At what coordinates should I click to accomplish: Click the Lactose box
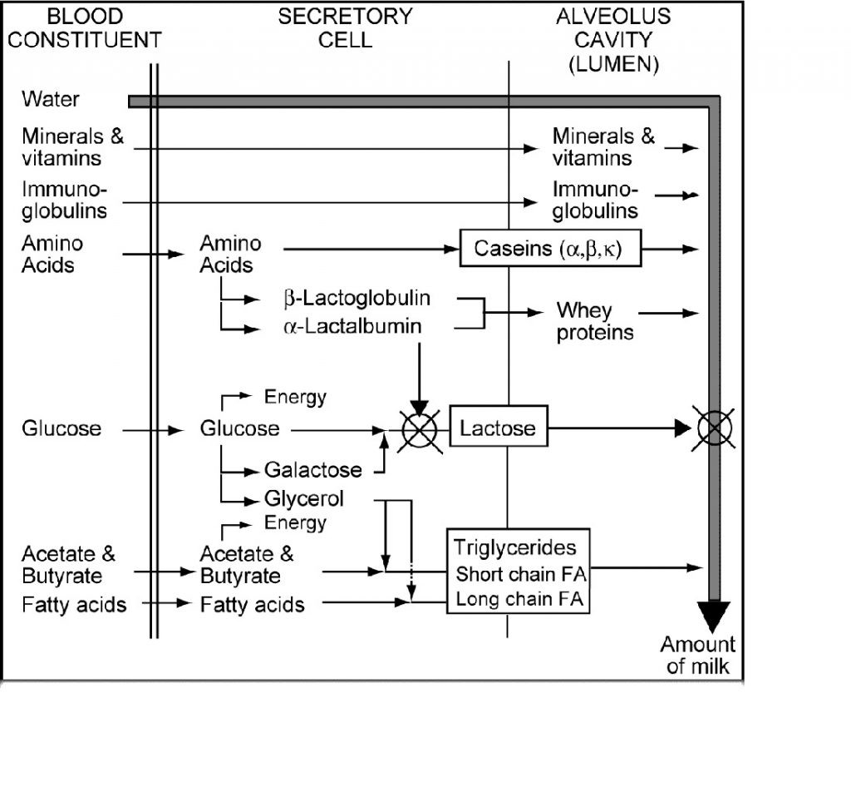499,429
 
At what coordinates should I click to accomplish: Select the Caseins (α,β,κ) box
551,249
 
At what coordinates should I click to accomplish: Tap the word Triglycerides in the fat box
515,547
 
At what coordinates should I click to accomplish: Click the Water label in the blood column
51,99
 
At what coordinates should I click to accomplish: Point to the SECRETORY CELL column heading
345,27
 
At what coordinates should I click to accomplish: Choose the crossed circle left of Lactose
419,430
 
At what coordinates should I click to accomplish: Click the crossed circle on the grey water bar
714,429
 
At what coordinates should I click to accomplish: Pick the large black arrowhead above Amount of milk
714,616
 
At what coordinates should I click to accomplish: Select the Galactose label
313,470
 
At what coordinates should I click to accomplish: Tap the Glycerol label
304,499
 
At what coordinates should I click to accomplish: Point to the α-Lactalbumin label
352,327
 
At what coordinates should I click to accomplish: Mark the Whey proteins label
594,322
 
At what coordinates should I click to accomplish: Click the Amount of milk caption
697,655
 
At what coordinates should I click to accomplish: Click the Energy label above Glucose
295,397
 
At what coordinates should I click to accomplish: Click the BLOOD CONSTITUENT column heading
85,27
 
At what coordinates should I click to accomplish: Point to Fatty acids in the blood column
74,604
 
